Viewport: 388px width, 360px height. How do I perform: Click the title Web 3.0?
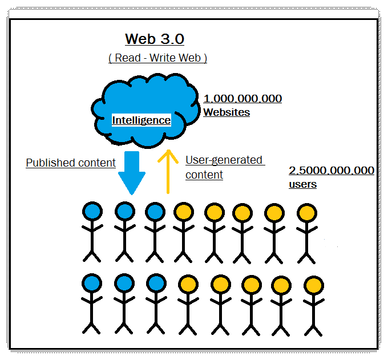[155, 39]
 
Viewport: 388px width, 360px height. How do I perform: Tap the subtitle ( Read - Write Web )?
[157, 58]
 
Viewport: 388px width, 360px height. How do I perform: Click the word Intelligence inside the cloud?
[141, 120]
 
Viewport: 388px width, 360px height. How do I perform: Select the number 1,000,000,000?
[242, 99]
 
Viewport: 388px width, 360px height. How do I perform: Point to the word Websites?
[227, 112]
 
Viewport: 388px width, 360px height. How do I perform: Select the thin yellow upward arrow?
[168, 171]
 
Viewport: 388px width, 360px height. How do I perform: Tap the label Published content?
[71, 163]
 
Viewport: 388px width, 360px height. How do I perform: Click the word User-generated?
[224, 160]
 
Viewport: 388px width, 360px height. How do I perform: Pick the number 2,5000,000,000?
[332, 171]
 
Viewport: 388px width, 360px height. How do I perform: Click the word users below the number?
[303, 184]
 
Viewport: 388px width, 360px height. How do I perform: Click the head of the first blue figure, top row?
[92, 212]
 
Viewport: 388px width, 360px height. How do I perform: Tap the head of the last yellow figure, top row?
[306, 213]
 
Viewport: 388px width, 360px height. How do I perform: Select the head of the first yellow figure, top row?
[183, 213]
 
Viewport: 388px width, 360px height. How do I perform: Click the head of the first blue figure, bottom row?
[92, 282]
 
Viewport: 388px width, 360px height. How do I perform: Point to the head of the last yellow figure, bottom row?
[313, 285]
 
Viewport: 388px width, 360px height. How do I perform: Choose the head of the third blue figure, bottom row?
[155, 283]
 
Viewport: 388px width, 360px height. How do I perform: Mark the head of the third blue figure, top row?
[155, 212]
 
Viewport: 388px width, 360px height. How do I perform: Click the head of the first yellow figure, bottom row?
[188, 284]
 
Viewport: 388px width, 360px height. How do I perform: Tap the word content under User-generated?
[204, 175]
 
